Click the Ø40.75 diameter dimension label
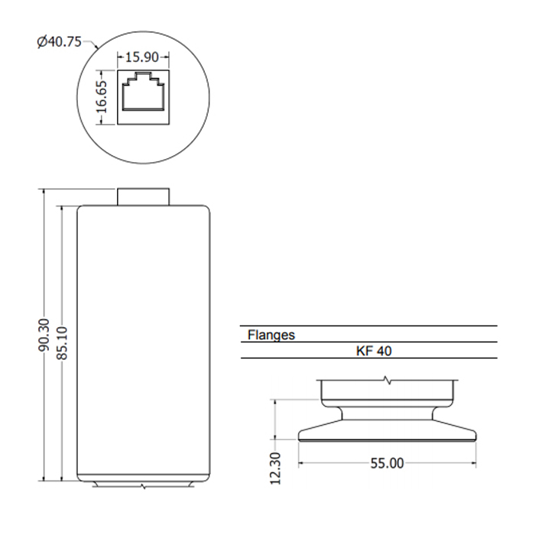coord(59,42)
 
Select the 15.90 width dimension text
coord(142,57)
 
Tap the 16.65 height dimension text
coord(101,97)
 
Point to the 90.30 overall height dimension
coord(44,336)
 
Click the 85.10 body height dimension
coord(62,343)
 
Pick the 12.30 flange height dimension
coord(275,468)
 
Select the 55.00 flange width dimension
coord(387,463)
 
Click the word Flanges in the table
coord(271,335)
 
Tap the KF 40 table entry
coord(374,351)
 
